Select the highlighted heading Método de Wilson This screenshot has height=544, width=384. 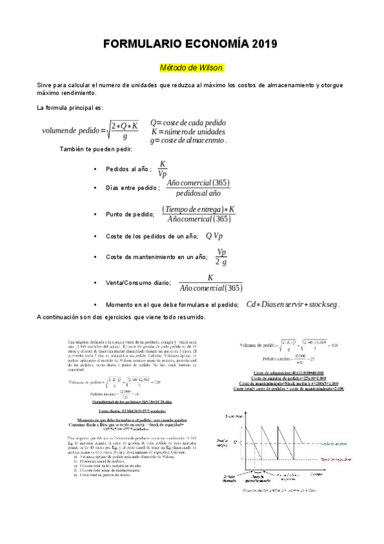pos(192,67)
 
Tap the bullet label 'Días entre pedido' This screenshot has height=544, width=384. pos(133,189)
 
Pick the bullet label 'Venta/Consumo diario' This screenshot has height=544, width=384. pos(138,282)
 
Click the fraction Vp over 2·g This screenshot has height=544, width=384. pos(222,257)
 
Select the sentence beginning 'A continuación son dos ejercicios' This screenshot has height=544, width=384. pos(122,317)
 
